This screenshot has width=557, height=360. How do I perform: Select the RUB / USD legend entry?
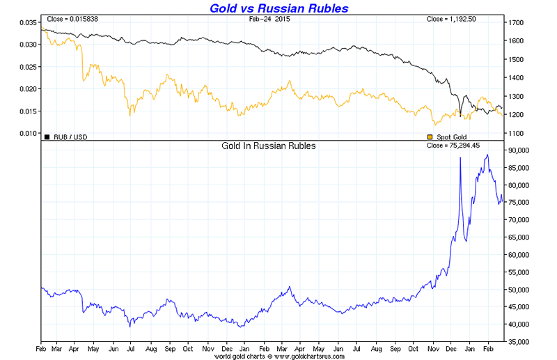(x=70, y=136)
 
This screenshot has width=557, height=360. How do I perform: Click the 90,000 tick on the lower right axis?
(x=521, y=150)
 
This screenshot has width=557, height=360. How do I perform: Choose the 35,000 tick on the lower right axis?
(x=521, y=342)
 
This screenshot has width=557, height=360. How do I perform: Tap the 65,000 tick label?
(x=521, y=237)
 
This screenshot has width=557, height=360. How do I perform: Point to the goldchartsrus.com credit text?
(x=272, y=354)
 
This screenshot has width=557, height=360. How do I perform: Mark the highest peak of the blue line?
(x=487, y=155)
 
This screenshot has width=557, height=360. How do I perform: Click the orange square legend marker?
(x=430, y=136)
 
